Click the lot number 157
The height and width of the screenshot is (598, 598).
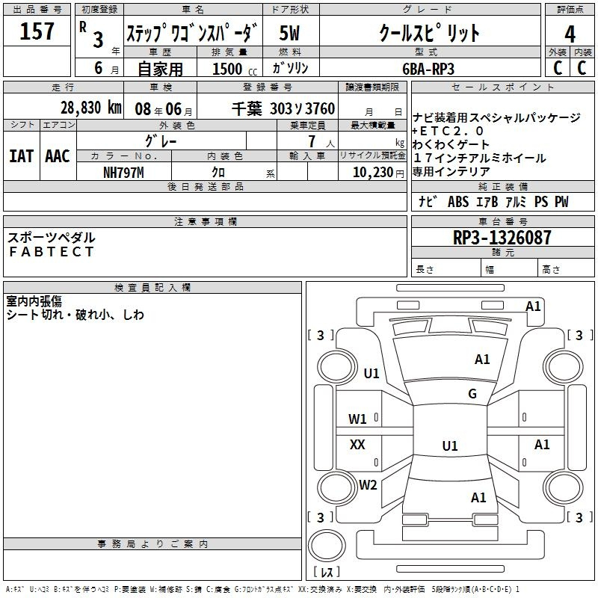[37, 31]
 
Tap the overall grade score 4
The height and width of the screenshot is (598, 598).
[570, 34]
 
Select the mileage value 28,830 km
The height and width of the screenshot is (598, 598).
[90, 108]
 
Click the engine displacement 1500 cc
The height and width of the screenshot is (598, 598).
[235, 69]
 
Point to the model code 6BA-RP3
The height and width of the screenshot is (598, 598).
[428, 69]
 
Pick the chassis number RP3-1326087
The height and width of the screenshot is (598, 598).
[502, 238]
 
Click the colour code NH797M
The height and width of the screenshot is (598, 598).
[123, 173]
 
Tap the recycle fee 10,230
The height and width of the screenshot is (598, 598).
[372, 173]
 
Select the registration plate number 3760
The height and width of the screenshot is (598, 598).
[320, 108]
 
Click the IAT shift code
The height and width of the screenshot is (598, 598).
[21, 156]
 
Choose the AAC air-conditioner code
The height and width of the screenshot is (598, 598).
[58, 156]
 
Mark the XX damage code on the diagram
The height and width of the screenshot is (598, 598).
[357, 444]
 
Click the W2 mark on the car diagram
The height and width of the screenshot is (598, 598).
[368, 484]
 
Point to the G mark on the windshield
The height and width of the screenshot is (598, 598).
[472, 393]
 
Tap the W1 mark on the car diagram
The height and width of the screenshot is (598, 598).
[357, 419]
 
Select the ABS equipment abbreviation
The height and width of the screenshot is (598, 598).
[458, 202]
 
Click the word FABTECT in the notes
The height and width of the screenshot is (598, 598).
[52, 252]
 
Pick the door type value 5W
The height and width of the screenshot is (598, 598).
[289, 33]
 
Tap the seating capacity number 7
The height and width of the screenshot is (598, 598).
[312, 141]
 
